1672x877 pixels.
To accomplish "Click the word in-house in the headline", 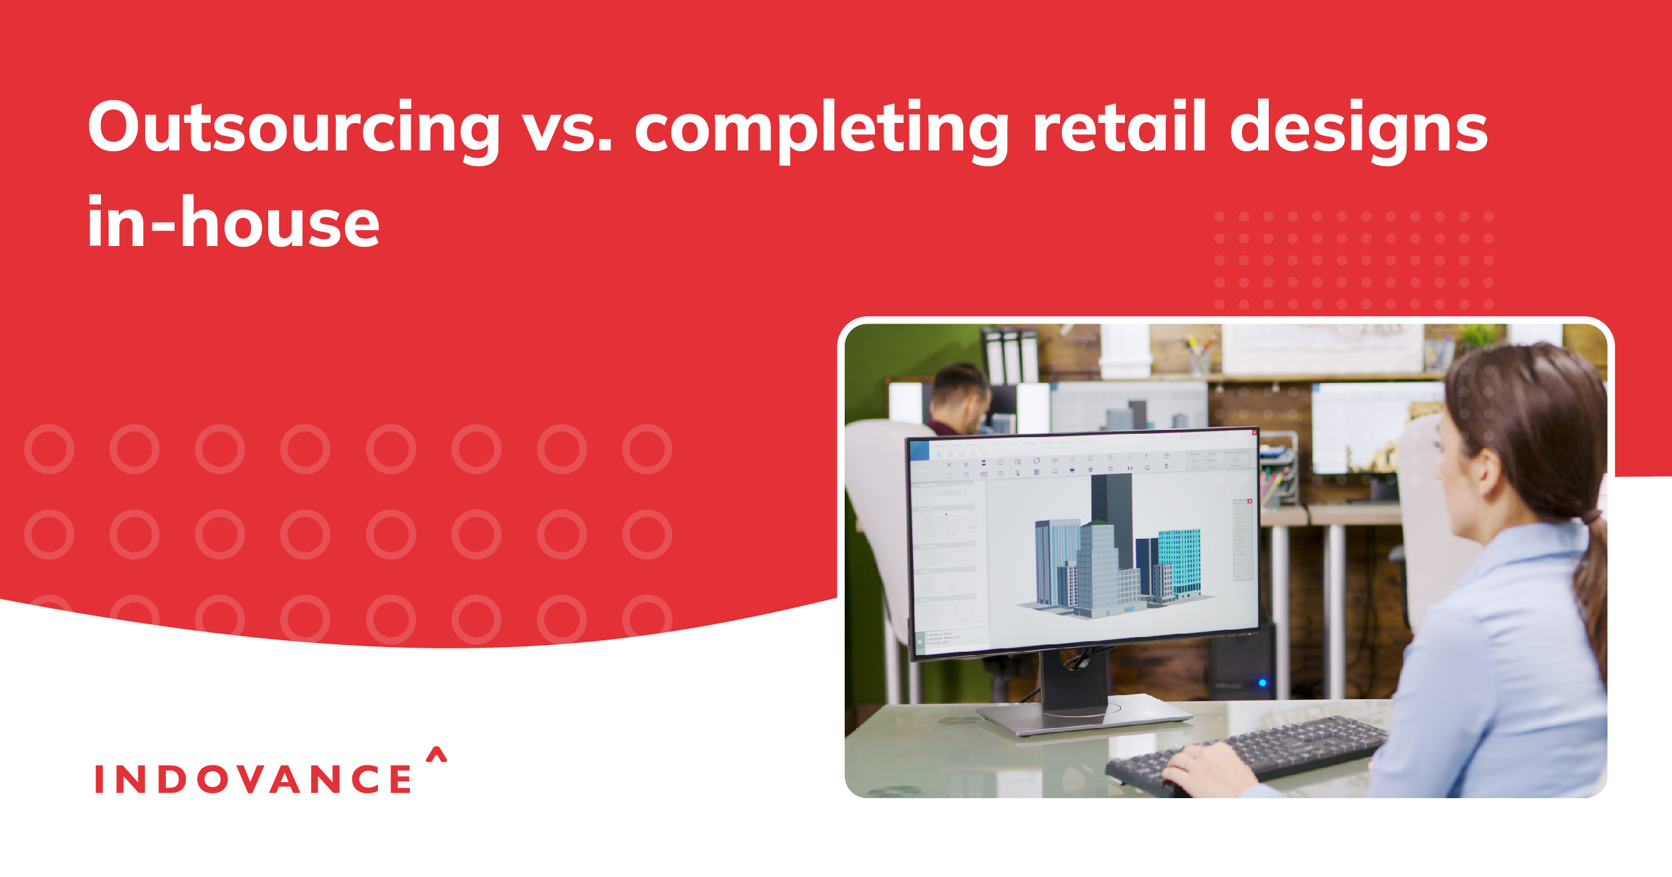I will [233, 223].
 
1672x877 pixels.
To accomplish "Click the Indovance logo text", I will [253, 779].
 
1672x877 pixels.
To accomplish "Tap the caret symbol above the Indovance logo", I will [437, 755].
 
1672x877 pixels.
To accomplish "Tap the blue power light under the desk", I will [1262, 683].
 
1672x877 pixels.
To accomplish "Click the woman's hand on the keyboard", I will [1204, 769].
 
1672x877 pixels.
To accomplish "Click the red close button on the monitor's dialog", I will [1249, 501].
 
